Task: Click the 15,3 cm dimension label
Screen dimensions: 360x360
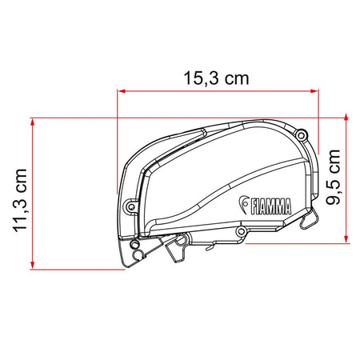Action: [216, 78]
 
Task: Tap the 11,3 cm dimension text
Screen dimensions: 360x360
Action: [20, 200]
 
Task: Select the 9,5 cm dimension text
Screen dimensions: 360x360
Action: [333, 178]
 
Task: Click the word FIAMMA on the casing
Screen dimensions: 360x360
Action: [271, 207]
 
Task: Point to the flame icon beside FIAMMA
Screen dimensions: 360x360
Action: [243, 204]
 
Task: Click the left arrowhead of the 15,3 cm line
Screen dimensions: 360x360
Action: [122, 91]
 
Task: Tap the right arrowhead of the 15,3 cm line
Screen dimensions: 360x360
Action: [314, 91]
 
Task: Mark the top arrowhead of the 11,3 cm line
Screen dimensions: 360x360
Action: [33, 122]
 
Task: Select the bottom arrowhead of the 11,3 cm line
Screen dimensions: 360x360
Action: [33, 265]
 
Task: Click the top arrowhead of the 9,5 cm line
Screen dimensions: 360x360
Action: [346, 118]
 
